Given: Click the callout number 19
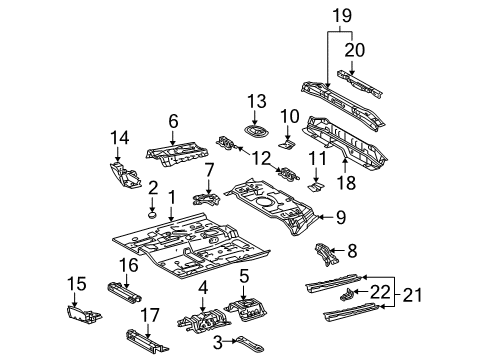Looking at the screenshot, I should [x=340, y=17].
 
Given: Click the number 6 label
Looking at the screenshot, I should [x=172, y=120].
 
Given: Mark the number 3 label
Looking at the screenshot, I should [x=217, y=343].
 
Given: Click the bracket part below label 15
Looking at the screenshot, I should [x=81, y=312].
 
